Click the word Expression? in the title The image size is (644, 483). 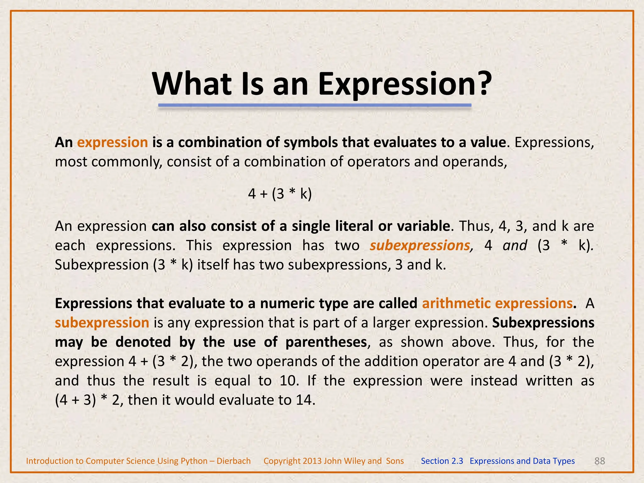(x=405, y=84)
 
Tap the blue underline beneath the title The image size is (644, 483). (x=314, y=105)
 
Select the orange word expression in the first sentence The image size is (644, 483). (x=113, y=142)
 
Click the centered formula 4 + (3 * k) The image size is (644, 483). (x=280, y=194)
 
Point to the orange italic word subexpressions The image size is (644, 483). (x=419, y=245)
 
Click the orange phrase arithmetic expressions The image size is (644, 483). (x=497, y=303)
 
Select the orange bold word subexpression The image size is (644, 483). (x=102, y=323)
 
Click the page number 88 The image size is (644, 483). (x=600, y=461)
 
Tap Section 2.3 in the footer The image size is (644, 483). (x=442, y=461)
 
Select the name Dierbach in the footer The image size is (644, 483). (x=234, y=461)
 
